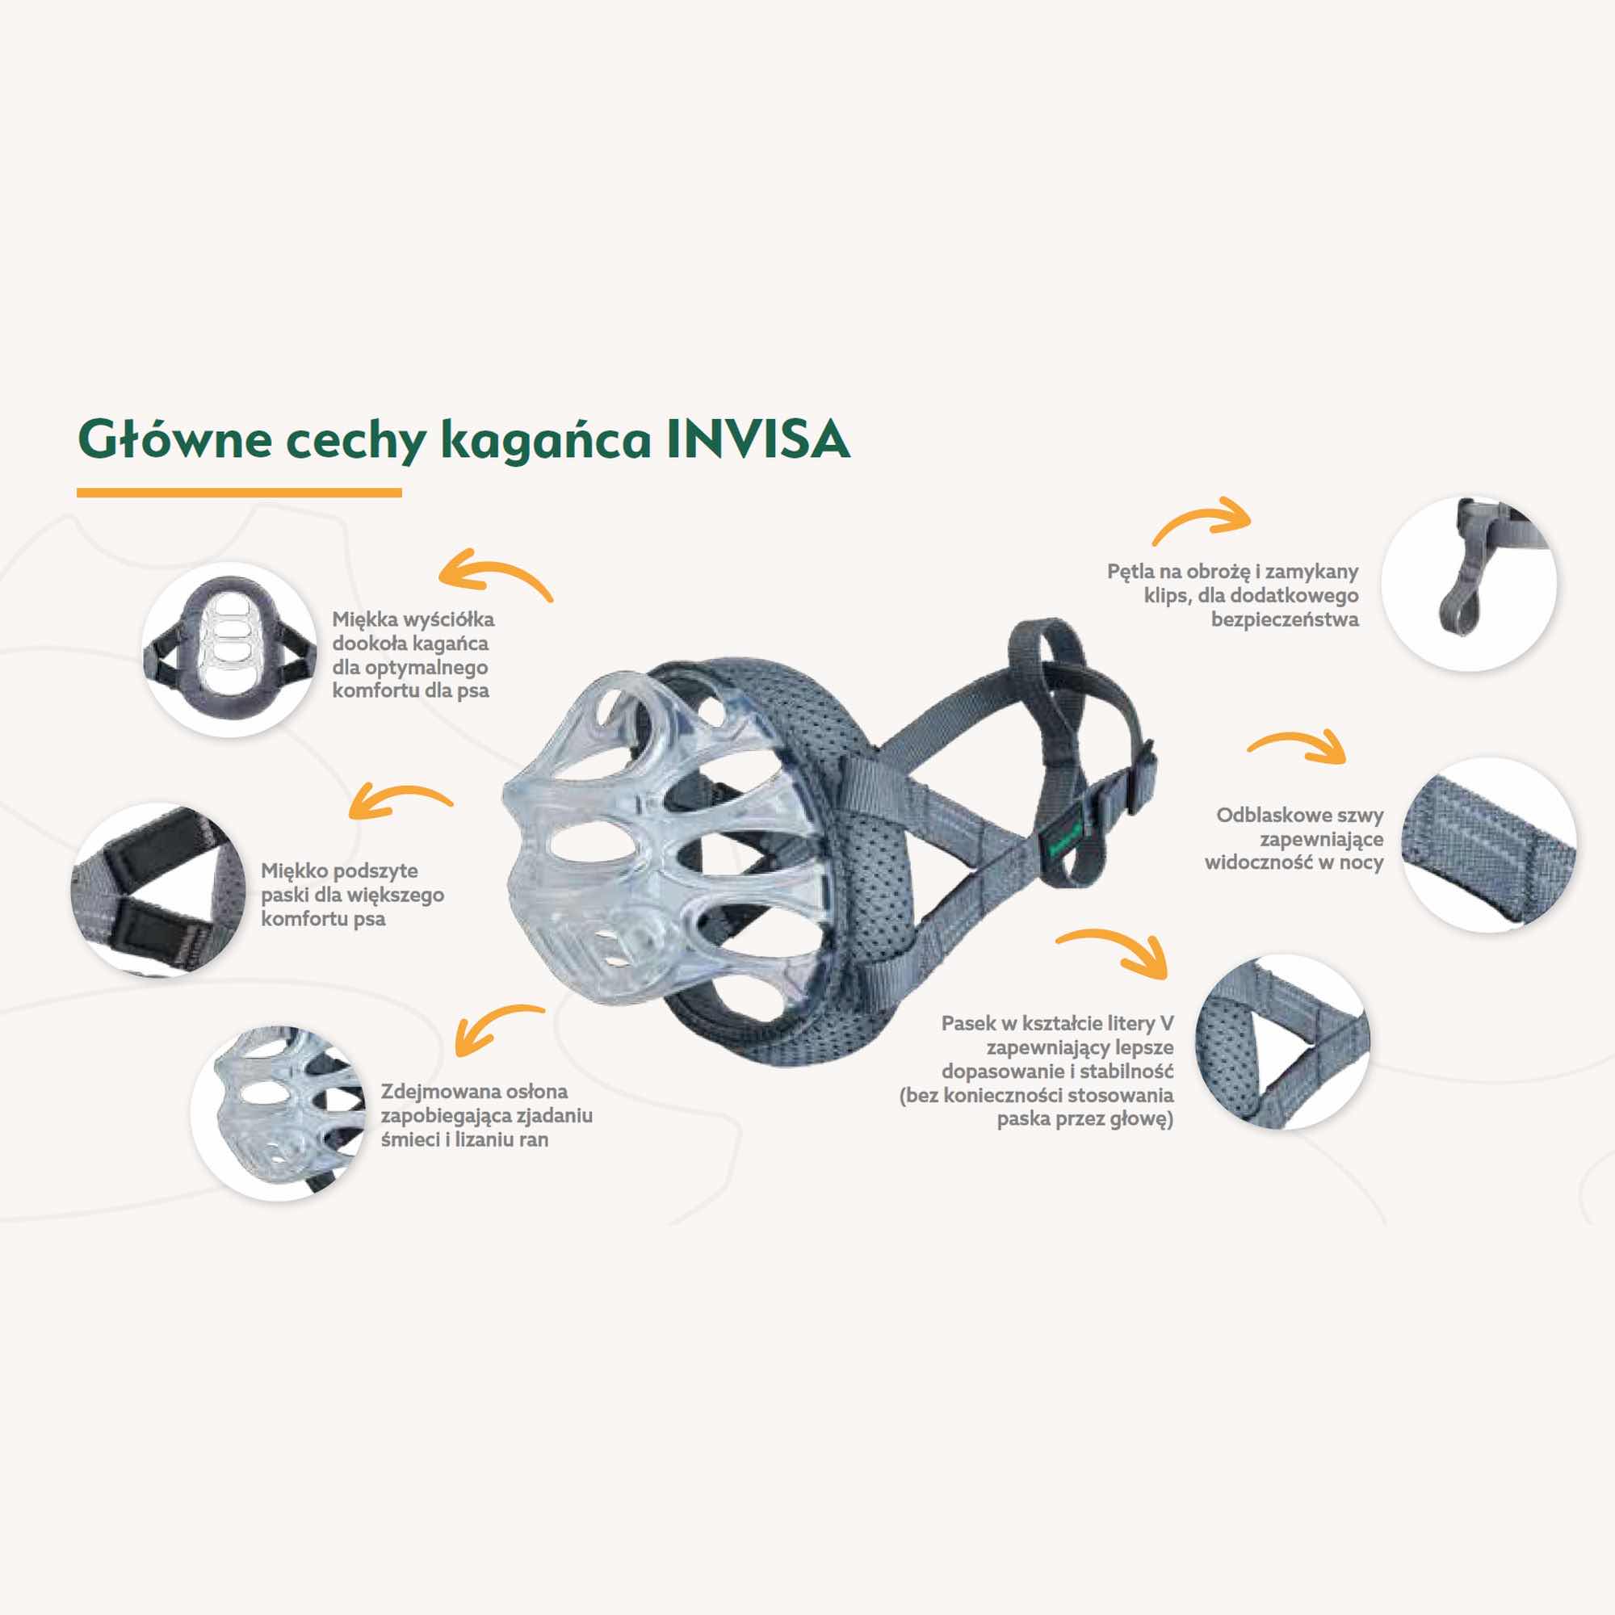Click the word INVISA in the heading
click(x=758, y=438)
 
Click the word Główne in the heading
click(x=174, y=438)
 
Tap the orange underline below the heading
click(x=239, y=493)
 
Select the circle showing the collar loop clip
click(x=1469, y=583)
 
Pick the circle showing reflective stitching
click(x=1489, y=845)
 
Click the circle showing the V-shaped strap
click(x=1282, y=1042)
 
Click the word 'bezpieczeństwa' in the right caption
click(x=1285, y=620)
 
